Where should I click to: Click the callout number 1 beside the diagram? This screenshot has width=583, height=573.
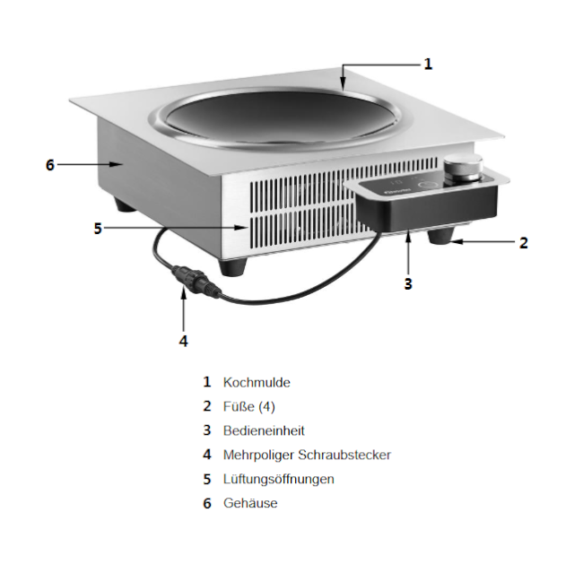click(428, 64)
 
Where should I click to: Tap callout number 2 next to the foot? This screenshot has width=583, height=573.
click(524, 242)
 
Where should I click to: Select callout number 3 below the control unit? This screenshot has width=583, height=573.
click(408, 283)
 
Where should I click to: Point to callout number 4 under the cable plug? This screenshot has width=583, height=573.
click(183, 341)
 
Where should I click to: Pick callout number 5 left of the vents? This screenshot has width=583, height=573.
click(98, 228)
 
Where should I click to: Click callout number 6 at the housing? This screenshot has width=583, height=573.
click(50, 165)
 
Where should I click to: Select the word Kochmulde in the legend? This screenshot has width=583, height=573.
click(257, 382)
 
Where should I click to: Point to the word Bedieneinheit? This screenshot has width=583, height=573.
click(264, 430)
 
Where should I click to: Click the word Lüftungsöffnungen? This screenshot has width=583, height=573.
click(278, 479)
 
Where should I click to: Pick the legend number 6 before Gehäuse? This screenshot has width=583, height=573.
click(206, 503)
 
